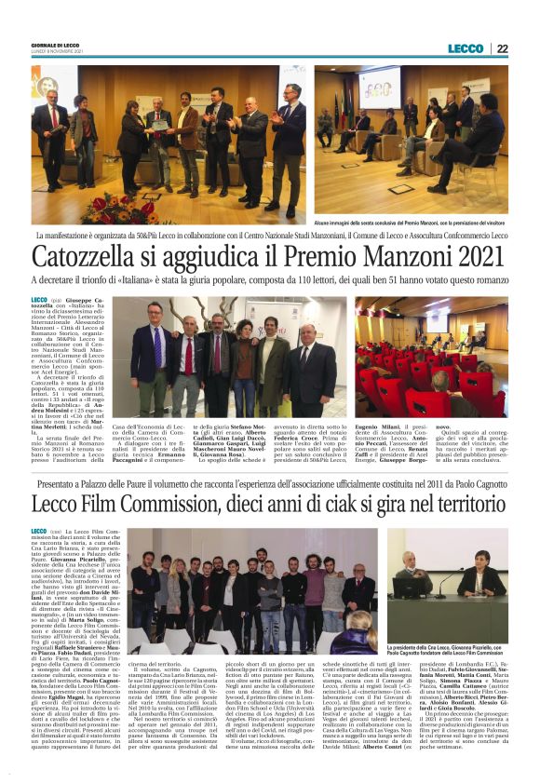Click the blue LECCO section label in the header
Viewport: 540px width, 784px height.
click(466, 48)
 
